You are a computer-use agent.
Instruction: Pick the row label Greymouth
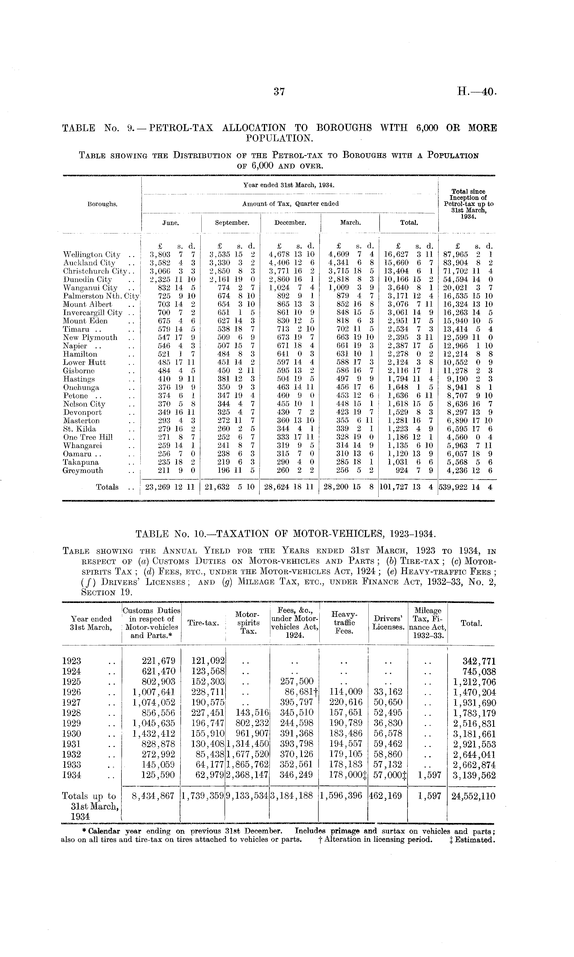point(83,471)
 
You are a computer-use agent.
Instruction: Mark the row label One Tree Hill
point(88,437)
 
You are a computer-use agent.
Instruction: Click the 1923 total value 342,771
point(476,661)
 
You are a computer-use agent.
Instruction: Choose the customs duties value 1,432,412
point(154,733)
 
